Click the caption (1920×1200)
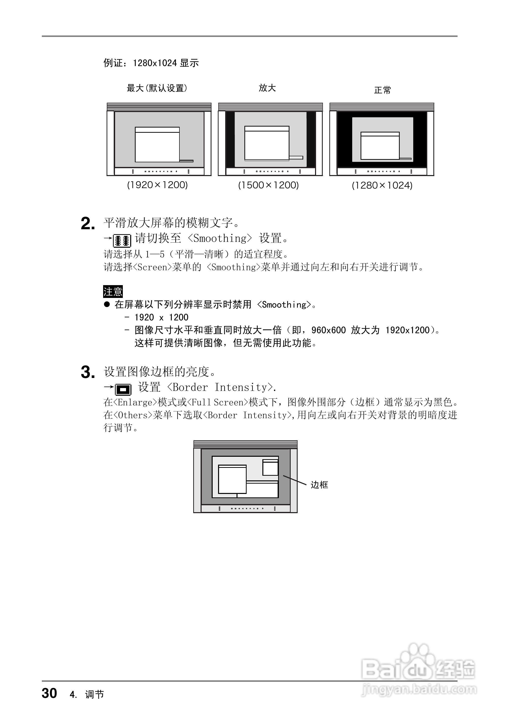157,185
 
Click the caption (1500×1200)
268,185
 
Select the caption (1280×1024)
382,185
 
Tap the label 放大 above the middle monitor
267,88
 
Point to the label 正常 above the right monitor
382,90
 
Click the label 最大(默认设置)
157,88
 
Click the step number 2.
87,224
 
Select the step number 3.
87,373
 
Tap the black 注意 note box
113,292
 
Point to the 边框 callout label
319,485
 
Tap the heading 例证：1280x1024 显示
151,63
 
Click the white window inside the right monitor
380,147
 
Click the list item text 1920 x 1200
161,317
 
